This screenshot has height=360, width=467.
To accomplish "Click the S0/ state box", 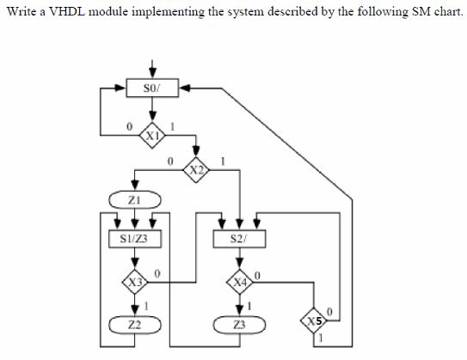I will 152,88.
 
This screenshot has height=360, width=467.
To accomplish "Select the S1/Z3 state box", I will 133,237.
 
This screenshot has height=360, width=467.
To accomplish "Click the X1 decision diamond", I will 152,134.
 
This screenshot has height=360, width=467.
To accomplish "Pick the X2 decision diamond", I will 198,170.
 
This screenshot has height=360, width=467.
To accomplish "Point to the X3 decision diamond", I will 133,280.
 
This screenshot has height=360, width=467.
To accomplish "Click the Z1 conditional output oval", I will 133,200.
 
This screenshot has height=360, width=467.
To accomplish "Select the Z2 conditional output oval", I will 133,323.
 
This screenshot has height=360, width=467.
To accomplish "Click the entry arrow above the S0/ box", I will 152,69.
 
